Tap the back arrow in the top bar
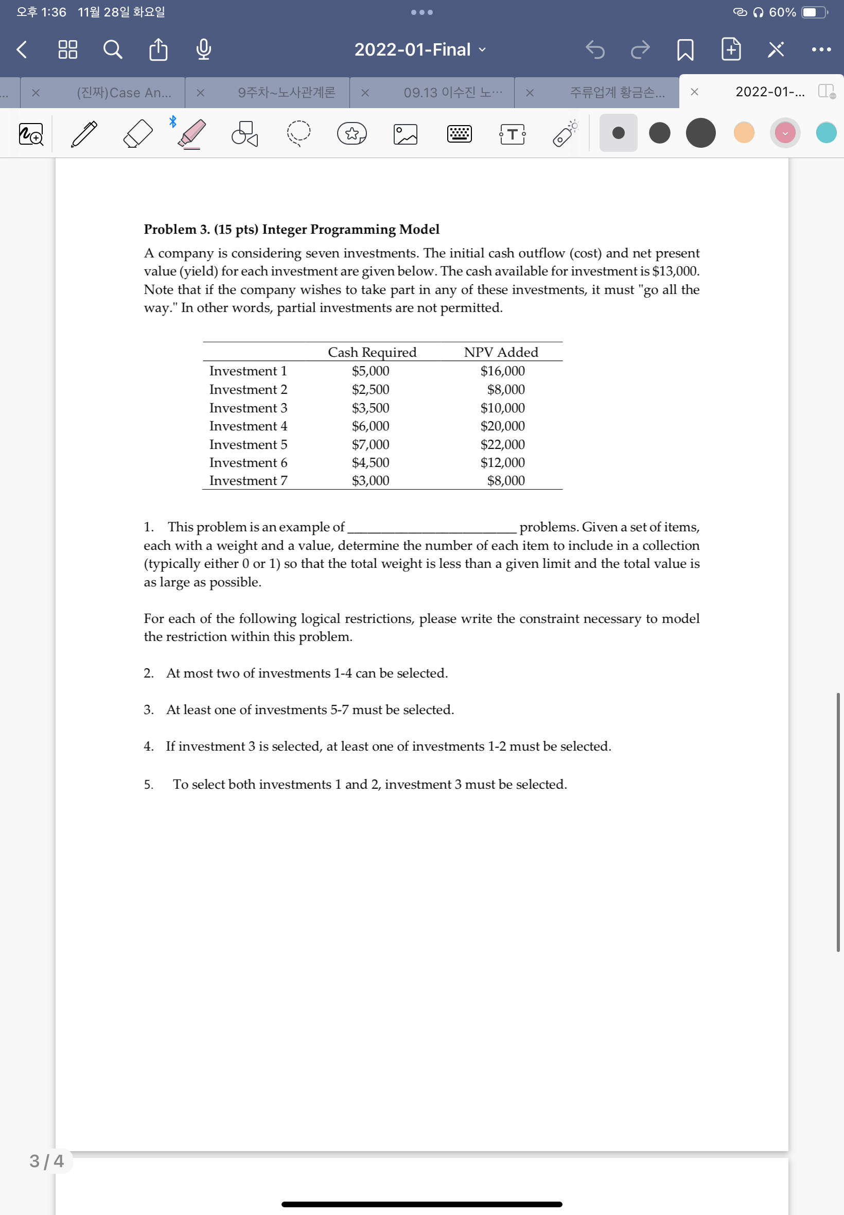point(22,50)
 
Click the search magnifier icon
point(112,50)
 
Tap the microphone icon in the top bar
point(204,50)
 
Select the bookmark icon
point(685,50)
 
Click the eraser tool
point(137,133)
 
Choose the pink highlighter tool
point(191,133)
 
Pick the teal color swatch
point(825,133)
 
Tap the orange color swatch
point(744,133)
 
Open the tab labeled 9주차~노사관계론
point(286,93)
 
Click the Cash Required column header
point(372,352)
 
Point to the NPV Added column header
point(501,352)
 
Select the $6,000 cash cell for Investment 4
point(370,426)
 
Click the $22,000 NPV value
point(502,444)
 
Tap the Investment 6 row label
point(248,463)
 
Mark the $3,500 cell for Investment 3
point(370,408)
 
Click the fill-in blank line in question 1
point(431,529)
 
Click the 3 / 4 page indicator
point(46,1161)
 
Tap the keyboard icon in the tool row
point(459,134)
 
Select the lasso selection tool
point(299,133)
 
